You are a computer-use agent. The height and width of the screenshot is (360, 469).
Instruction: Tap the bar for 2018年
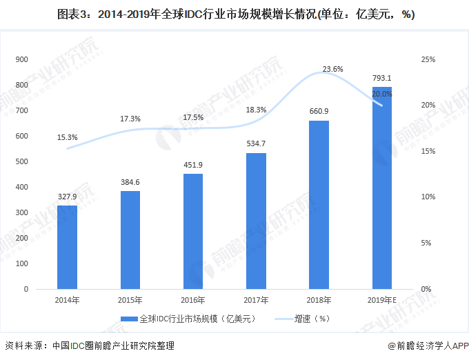coord(319,205)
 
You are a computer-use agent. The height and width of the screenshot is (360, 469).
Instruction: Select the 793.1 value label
coord(381,78)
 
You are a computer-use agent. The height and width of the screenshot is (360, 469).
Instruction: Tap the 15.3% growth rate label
coord(68,137)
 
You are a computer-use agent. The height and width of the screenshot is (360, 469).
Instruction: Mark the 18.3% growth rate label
coord(256,110)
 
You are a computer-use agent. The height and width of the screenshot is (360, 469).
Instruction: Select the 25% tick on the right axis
coord(428,60)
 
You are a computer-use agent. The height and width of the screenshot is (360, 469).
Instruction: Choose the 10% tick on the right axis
coord(428,197)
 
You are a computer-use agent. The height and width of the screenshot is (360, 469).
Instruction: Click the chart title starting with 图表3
coord(234,14)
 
